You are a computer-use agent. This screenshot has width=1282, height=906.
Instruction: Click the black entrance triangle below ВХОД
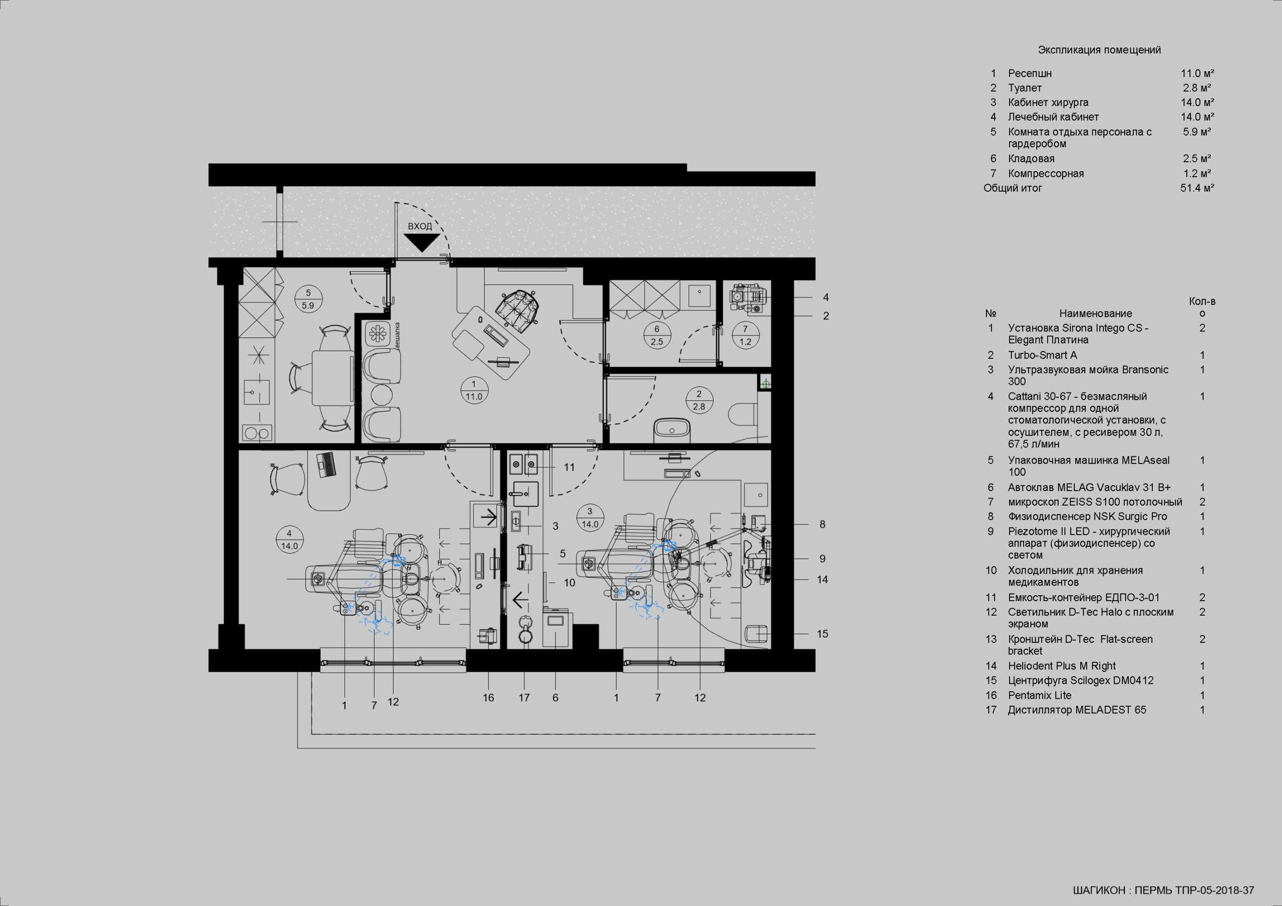point(422,242)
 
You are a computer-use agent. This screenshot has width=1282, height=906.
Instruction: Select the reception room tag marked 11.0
point(474,390)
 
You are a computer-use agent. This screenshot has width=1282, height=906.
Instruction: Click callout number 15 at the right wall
point(822,634)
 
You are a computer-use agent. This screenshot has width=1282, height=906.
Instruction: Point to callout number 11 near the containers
point(569,467)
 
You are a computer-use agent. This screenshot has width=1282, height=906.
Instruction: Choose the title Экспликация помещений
point(1099,50)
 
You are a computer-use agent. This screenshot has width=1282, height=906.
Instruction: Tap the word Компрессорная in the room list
point(1046,174)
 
